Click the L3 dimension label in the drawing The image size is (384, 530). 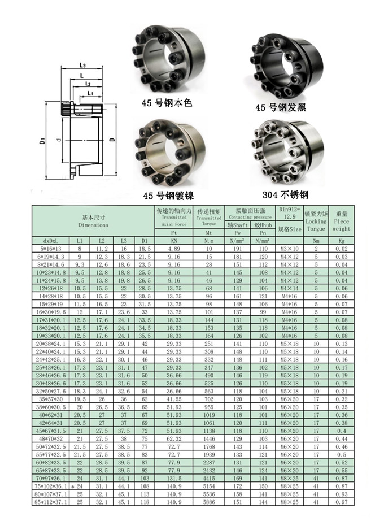coord(82,66)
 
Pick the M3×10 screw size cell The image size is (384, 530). coord(290,248)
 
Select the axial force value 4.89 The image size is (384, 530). coord(174,248)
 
